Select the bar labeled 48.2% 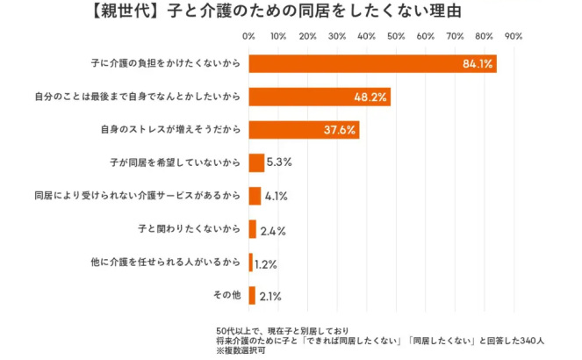coord(320,97)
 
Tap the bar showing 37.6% coord(304,130)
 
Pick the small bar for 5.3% coord(256,162)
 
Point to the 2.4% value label coord(272,230)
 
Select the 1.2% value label coord(267,263)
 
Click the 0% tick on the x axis coord(248,36)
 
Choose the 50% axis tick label coord(396,36)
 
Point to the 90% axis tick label coord(514,36)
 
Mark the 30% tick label coord(337,36)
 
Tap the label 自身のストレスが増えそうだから coord(170,130)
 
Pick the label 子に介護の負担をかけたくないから coord(164,64)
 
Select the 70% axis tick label coord(455,36)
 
